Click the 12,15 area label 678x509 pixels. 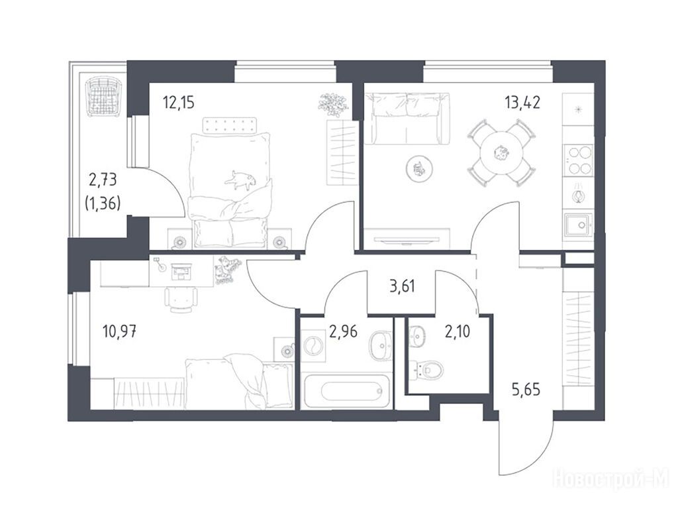[x=179, y=103]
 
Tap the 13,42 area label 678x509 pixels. [x=522, y=103]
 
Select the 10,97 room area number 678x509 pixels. [x=120, y=332]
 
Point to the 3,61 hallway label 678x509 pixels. [x=402, y=286]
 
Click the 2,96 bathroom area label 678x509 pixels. [x=344, y=331]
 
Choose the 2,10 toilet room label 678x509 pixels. [x=458, y=331]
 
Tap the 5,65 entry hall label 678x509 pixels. [x=526, y=390]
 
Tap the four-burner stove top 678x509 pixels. [x=578, y=160]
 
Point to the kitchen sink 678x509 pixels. [x=578, y=224]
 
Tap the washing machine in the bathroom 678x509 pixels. [x=313, y=346]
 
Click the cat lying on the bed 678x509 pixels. [x=240, y=179]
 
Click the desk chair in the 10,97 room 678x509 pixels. [x=181, y=299]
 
